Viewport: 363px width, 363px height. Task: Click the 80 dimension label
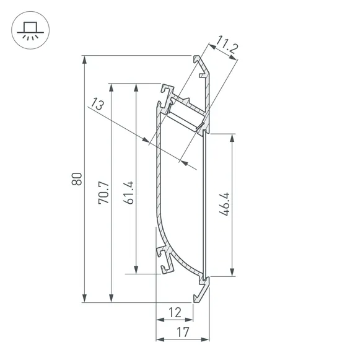click(76, 178)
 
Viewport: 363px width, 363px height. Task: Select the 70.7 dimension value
click(103, 192)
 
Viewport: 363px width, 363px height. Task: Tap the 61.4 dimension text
click(128, 192)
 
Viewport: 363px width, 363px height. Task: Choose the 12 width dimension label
click(174, 313)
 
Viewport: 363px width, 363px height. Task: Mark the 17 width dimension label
click(181, 333)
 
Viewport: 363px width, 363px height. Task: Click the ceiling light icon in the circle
click(28, 28)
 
